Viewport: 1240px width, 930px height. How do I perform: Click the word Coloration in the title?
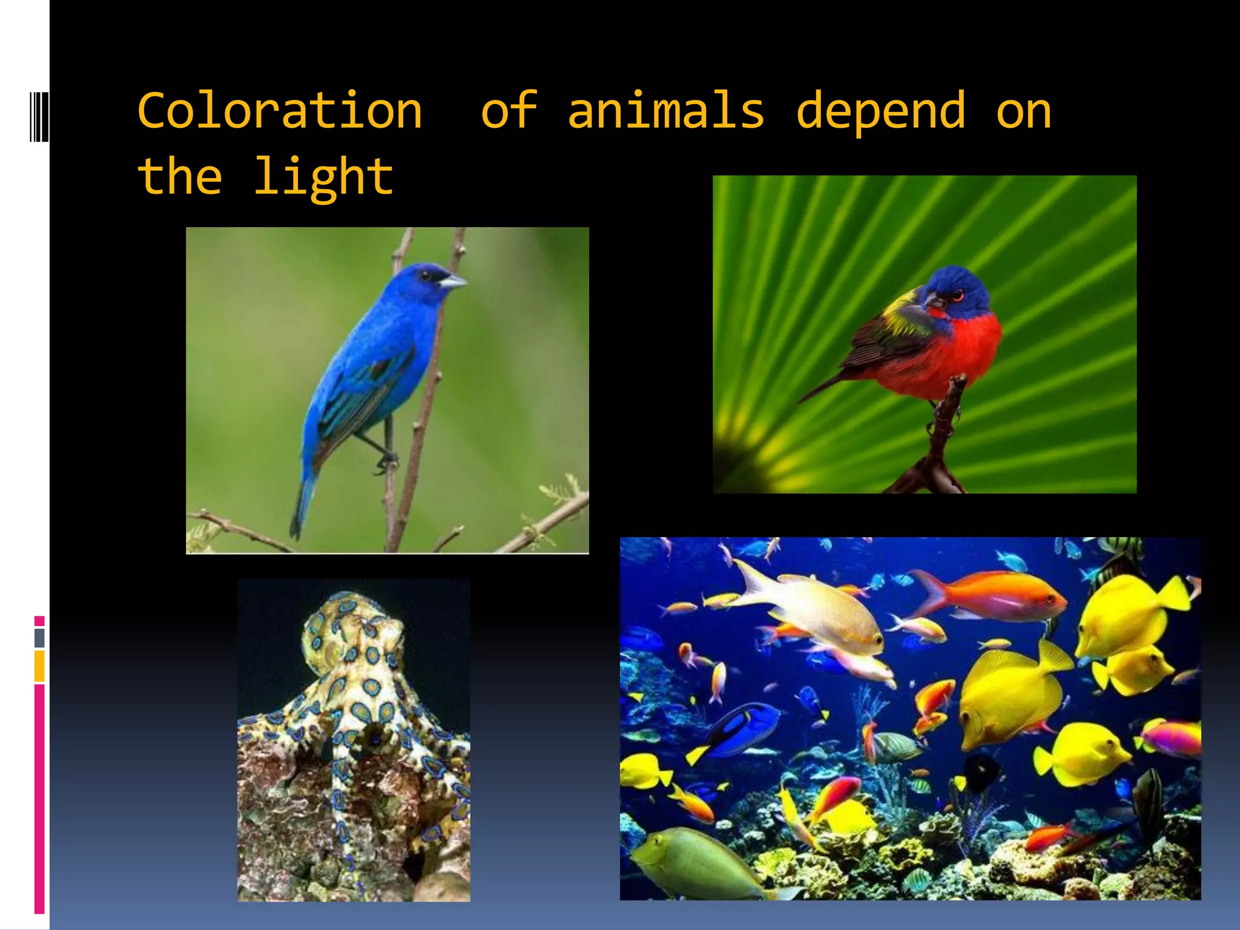click(280, 111)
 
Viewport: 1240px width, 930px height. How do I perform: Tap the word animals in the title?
click(666, 111)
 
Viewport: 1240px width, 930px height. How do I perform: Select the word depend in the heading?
click(881, 111)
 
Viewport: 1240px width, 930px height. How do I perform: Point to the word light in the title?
click(324, 177)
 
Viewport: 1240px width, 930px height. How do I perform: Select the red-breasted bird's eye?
click(957, 297)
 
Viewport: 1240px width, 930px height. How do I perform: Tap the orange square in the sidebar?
click(39, 666)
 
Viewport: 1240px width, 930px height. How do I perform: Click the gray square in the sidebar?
click(39, 638)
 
